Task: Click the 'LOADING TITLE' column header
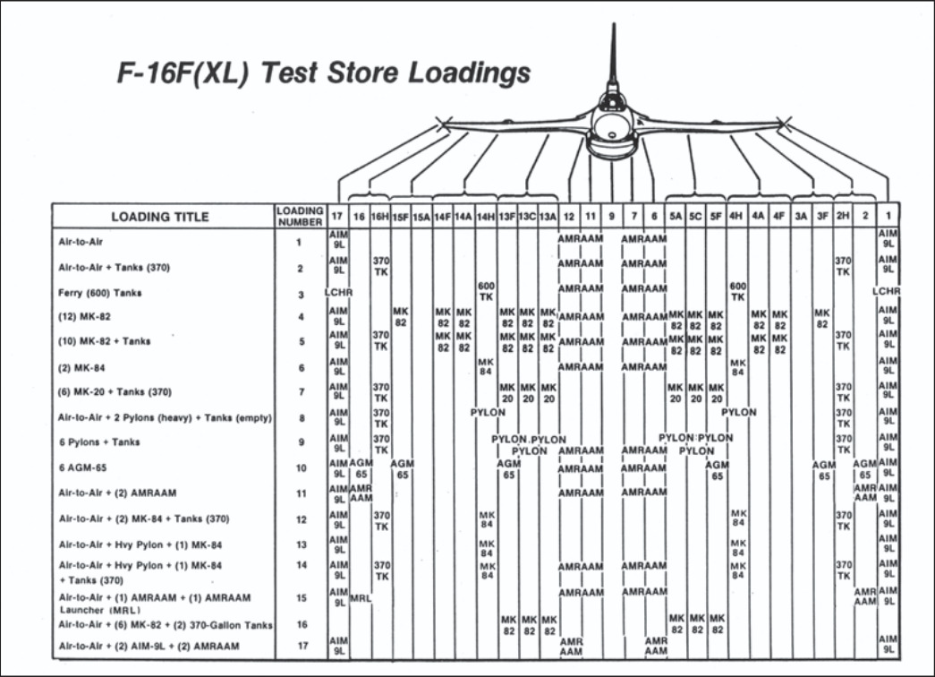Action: (160, 216)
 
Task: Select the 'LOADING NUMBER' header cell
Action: (300, 215)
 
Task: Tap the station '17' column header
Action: (336, 216)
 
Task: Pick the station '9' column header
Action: (612, 216)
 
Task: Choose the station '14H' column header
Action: (486, 216)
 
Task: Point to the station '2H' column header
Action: (842, 216)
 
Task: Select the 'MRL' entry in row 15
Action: (361, 597)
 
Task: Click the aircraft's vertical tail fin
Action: (613, 54)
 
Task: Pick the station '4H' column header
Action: (736, 216)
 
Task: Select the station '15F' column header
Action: (400, 216)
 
